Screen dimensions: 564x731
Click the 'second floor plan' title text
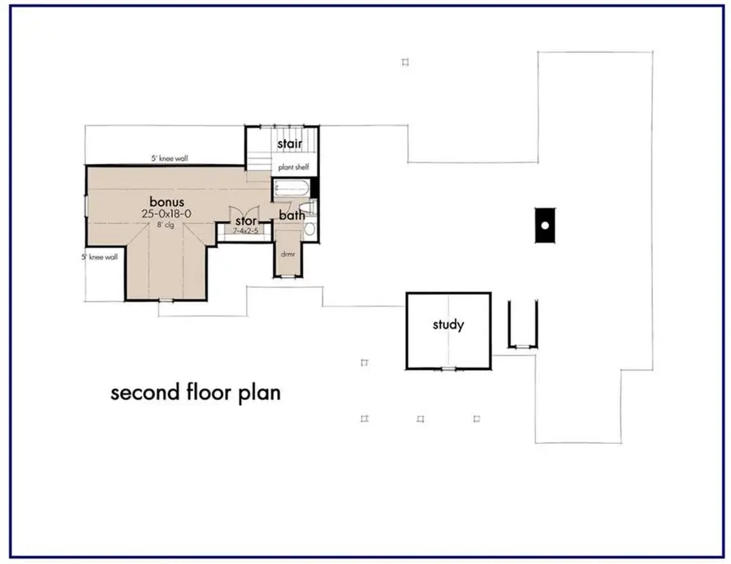click(x=195, y=394)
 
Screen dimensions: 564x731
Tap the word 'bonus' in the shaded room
click(x=166, y=200)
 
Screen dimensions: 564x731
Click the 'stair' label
click(x=289, y=144)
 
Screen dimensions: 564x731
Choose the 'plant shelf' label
click(x=292, y=168)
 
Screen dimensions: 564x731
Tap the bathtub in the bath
click(x=292, y=190)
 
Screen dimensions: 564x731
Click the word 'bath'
click(x=292, y=215)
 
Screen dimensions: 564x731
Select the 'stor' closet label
click(x=246, y=220)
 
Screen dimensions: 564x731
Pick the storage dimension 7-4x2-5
click(x=246, y=230)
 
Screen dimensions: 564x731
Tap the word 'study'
click(x=448, y=325)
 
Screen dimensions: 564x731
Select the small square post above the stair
click(x=405, y=62)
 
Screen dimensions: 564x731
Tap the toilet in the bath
click(x=309, y=230)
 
